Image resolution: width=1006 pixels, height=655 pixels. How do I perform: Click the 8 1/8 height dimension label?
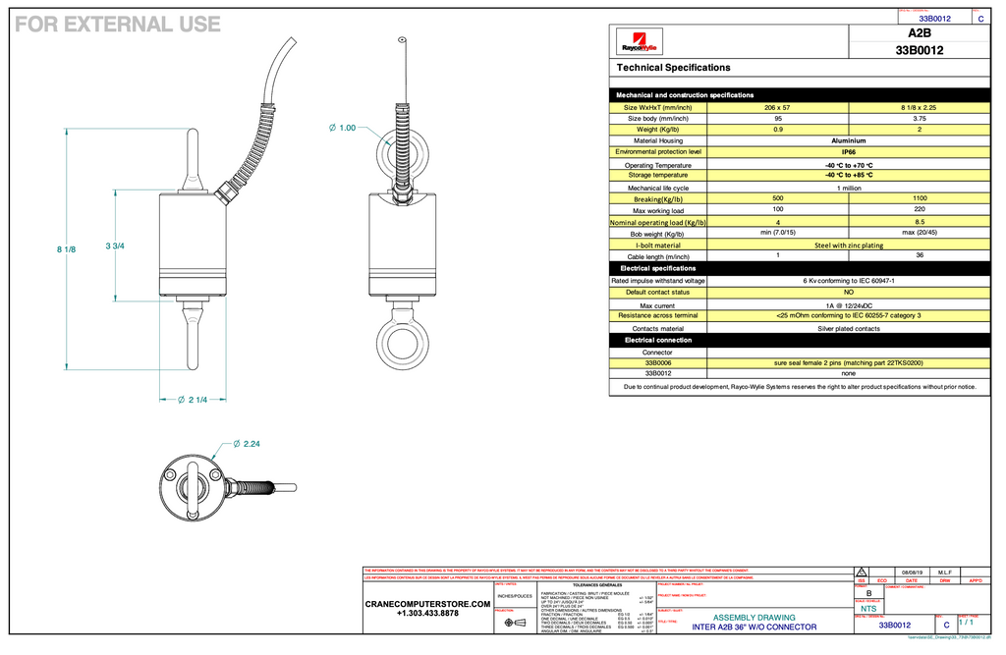66,249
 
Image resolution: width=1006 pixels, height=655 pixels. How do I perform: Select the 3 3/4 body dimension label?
114,245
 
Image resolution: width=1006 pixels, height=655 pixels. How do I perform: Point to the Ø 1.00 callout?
342,128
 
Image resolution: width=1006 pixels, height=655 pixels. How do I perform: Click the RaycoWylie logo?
640,46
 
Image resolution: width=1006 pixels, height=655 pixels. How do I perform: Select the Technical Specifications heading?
673,68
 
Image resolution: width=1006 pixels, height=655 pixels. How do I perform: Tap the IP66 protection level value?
848,152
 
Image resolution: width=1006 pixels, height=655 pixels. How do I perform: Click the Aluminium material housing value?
848,140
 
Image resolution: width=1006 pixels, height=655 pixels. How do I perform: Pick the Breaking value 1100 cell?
919,198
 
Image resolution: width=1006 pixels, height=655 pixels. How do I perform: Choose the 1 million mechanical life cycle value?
848,188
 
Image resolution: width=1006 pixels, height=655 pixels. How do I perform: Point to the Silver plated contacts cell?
848,328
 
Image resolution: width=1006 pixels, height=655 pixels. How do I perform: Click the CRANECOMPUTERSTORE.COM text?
427,604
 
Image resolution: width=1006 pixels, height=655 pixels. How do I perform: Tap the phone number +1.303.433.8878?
427,614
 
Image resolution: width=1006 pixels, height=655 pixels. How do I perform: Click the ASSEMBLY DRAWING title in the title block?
754,618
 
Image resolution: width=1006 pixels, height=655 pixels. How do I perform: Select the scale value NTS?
868,609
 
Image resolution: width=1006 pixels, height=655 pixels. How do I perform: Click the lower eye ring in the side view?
401,341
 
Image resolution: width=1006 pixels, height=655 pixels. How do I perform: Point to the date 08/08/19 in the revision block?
912,573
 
